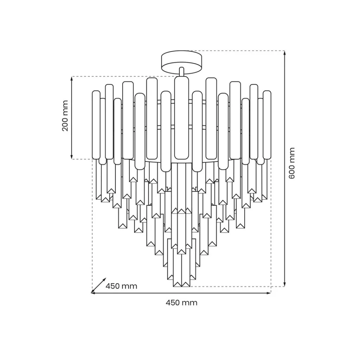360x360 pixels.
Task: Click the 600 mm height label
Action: (x=291, y=163)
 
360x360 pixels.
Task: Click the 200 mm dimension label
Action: (x=65, y=115)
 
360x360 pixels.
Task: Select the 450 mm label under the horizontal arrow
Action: (x=181, y=303)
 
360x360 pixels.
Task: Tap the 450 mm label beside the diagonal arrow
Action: (x=121, y=286)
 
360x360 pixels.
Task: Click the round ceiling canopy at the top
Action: (x=182, y=63)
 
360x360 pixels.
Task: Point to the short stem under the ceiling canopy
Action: (x=182, y=72)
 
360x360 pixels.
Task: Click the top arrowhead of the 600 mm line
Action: (x=285, y=53)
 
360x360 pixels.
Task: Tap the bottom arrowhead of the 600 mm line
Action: (x=285, y=284)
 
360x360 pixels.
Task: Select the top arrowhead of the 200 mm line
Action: (x=72, y=79)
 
